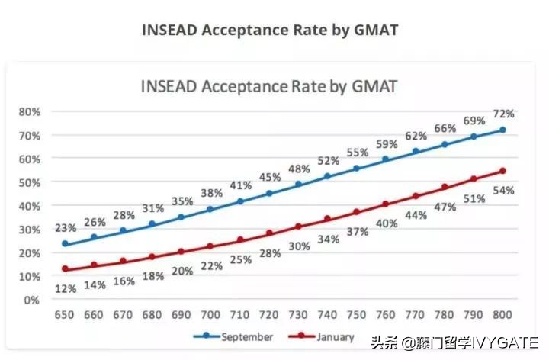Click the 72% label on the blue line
click(504, 114)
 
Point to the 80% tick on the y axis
click(29, 111)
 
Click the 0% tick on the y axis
click(31, 300)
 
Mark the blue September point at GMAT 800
click(502, 130)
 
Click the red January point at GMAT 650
click(65, 269)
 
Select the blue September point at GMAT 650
click(65, 244)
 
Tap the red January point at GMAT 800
click(502, 171)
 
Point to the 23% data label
click(65, 227)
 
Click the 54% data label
click(504, 190)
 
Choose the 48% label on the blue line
click(298, 169)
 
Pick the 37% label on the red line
click(357, 231)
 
